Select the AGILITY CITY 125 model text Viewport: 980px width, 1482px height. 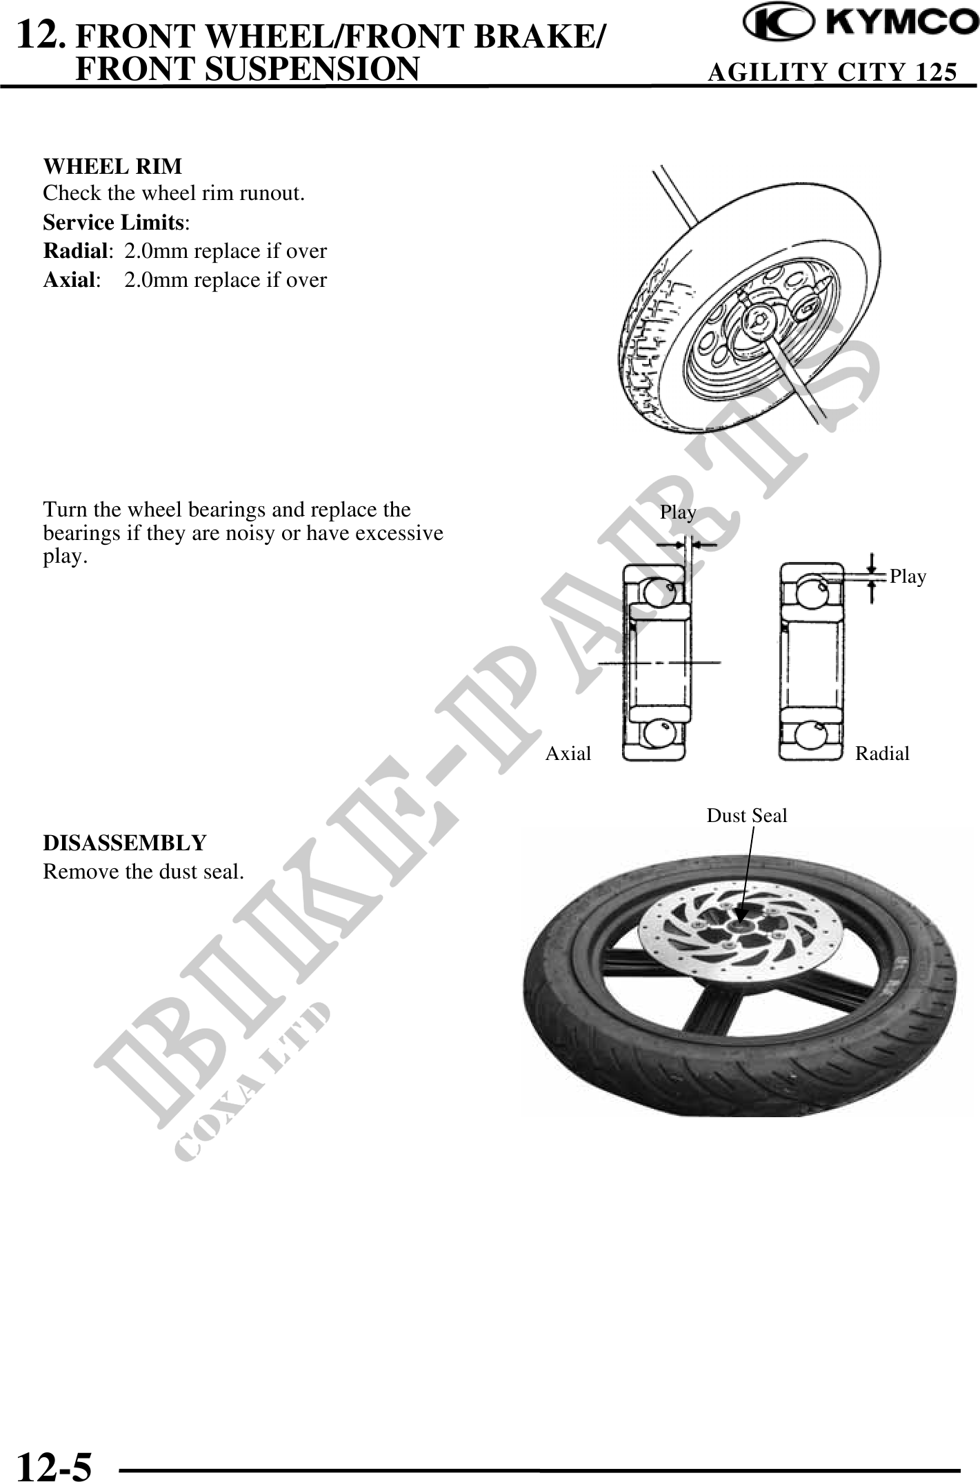click(832, 72)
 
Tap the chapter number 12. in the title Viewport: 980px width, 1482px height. click(42, 34)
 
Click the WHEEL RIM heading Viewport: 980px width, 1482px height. click(112, 166)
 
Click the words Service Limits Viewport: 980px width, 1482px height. click(114, 223)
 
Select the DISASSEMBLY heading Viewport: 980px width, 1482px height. click(125, 843)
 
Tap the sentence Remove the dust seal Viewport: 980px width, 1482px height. click(143, 872)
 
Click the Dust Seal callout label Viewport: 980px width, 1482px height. click(746, 816)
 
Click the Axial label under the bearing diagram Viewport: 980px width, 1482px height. click(568, 753)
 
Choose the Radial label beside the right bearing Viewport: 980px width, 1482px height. click(882, 754)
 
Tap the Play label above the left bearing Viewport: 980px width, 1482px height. click(678, 512)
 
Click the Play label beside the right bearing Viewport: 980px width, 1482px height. click(908, 577)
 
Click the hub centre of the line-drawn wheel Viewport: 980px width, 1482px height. click(757, 319)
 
